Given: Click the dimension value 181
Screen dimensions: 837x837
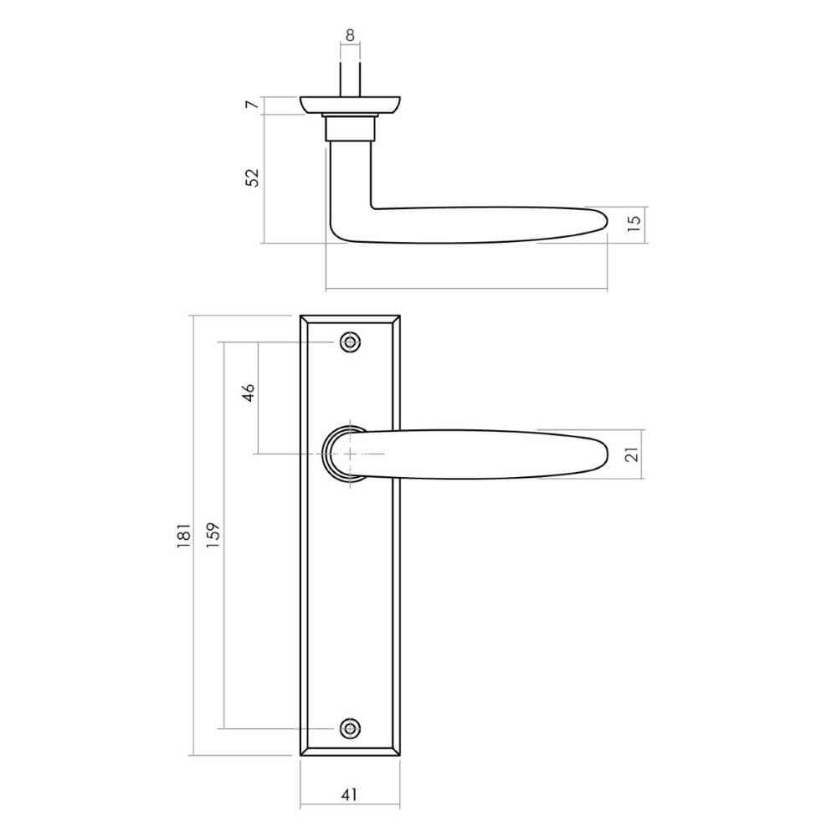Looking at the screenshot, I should click(x=185, y=536).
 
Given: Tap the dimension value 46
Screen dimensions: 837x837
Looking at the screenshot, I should click(x=248, y=394).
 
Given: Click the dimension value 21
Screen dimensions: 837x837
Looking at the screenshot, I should click(x=633, y=454).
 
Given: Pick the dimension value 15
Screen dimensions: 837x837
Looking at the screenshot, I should click(x=633, y=222).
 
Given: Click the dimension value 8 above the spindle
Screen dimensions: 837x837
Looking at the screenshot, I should click(x=350, y=35).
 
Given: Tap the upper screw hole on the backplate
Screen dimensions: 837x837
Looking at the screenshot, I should click(x=350, y=341).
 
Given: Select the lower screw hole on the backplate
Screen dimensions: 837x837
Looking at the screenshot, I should click(x=350, y=727).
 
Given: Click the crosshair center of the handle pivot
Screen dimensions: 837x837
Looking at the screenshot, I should click(x=350, y=454).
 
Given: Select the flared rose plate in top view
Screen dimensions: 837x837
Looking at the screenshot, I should click(x=350, y=105).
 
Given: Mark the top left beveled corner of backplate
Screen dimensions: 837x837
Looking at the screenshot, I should click(x=303, y=319).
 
